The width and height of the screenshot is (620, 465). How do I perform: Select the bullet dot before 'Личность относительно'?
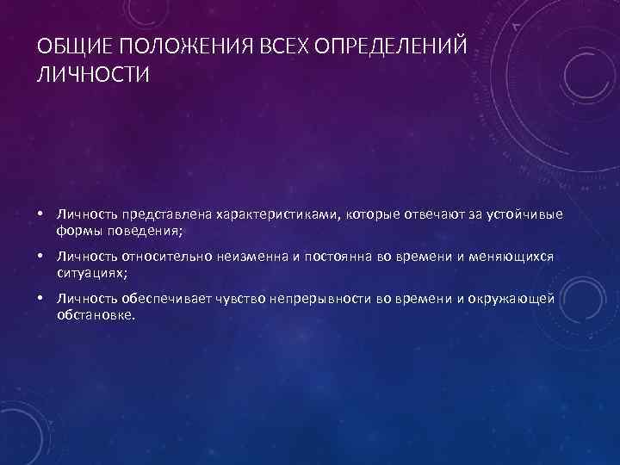[40, 256]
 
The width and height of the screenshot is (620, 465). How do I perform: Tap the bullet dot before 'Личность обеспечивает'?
[40, 299]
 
